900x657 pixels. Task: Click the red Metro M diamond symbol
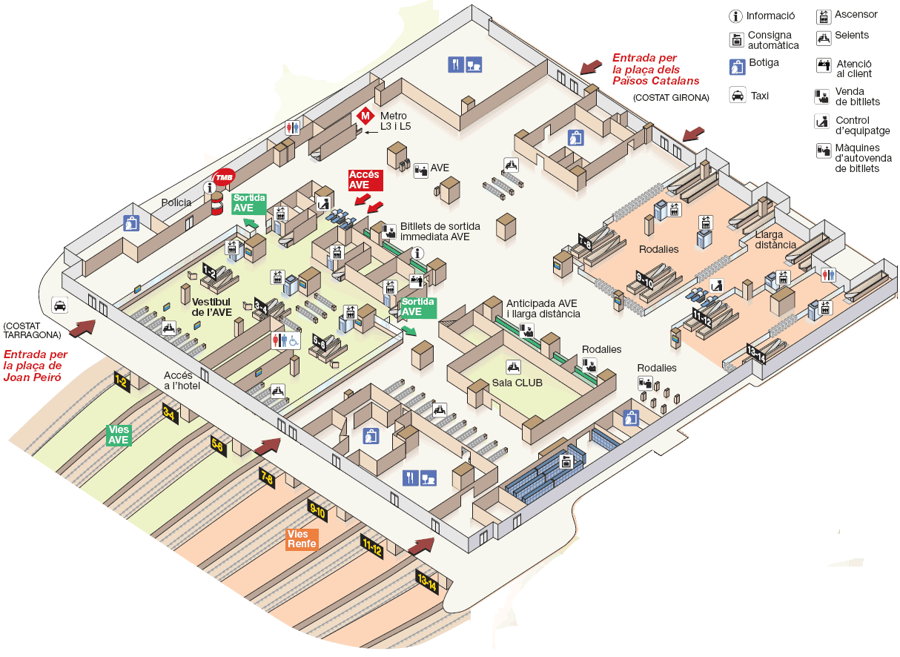(x=365, y=116)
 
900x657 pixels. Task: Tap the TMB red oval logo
(x=224, y=177)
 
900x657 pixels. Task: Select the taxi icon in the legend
(x=738, y=95)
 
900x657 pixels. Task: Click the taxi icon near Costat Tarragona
(x=59, y=305)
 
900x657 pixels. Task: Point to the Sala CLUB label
(x=517, y=383)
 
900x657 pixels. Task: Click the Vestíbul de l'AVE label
(x=212, y=307)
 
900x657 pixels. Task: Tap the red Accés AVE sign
(x=365, y=179)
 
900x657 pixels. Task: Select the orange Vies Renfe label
(x=302, y=539)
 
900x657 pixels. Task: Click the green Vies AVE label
(x=119, y=435)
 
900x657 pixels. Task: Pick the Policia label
(x=176, y=202)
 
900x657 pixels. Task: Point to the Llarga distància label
(x=775, y=240)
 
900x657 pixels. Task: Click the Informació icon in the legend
(x=736, y=16)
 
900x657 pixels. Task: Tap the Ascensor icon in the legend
(x=823, y=16)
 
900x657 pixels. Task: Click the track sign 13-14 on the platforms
(x=427, y=583)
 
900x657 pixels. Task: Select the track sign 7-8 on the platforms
(x=267, y=478)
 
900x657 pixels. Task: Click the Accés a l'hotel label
(x=182, y=380)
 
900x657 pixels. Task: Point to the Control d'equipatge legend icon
(x=822, y=121)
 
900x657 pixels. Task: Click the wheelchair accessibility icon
(x=294, y=340)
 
